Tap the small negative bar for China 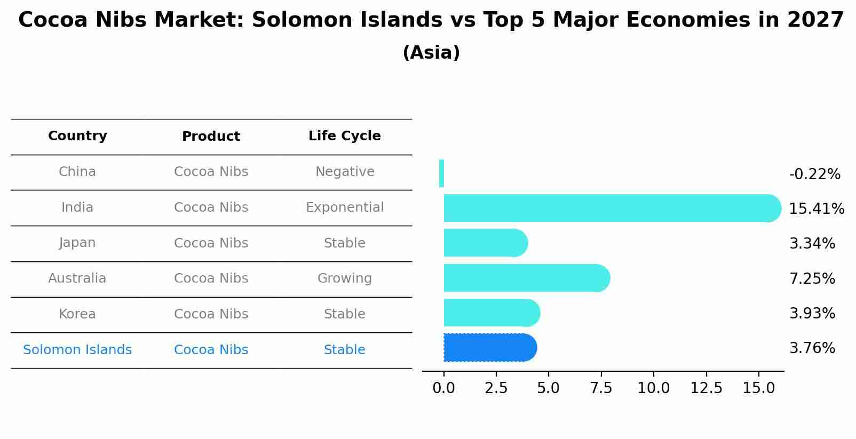pos(441,173)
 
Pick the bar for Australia pos(526,278)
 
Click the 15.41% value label pos(816,209)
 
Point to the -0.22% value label pos(814,174)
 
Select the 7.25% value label pos(812,278)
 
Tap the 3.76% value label pos(812,348)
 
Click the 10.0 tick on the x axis pos(653,388)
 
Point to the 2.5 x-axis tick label pos(496,388)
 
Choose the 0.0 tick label pos(443,388)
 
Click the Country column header pos(77,136)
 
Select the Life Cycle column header pos(344,136)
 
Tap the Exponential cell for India pos(344,207)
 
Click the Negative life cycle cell pos(344,172)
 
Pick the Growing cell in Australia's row pos(344,278)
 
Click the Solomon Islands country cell pos(77,350)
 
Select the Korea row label pos(77,314)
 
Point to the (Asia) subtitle pos(431,53)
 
